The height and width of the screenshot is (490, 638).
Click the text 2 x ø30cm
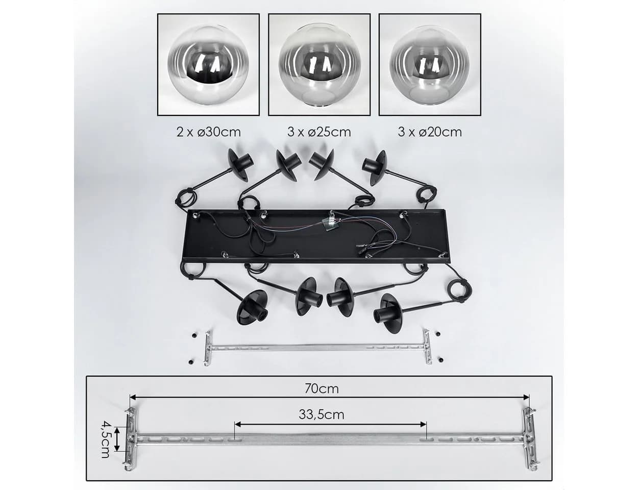(208, 132)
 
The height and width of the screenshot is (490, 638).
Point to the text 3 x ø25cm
(319, 132)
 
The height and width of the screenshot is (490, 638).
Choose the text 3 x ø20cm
(430, 132)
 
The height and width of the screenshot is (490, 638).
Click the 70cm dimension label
(322, 389)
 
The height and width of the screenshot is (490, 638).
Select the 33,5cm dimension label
(322, 415)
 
